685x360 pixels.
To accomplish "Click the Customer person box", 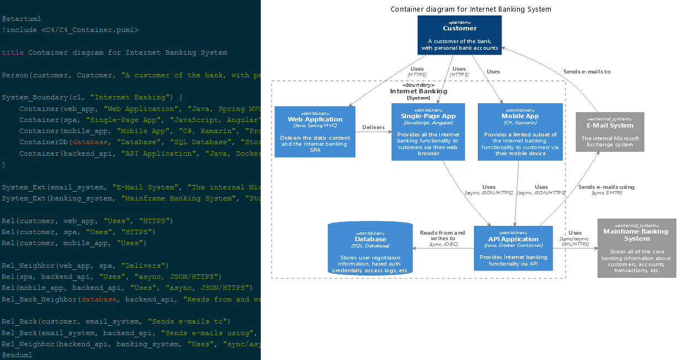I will click(x=459, y=35).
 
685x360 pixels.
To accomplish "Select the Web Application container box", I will click(x=315, y=131).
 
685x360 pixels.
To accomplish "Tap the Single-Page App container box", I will click(x=428, y=131).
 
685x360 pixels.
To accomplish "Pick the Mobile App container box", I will click(x=520, y=131).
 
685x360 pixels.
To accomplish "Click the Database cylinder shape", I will click(x=370, y=248).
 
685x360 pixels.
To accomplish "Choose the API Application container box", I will click(x=513, y=248).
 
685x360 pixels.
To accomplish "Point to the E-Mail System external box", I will click(x=609, y=132).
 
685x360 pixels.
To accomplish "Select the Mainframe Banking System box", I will click(x=636, y=247).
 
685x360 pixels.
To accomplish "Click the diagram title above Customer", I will click(x=471, y=9).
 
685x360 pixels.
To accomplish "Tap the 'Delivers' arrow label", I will click(x=373, y=128).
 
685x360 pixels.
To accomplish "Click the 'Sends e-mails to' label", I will click(x=587, y=72).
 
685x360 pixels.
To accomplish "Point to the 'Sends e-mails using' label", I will click(x=606, y=187).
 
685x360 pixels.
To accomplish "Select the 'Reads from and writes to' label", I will click(x=442, y=235).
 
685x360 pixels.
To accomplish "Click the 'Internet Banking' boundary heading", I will click(x=418, y=91).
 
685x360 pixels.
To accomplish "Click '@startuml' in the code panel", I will click(x=22, y=19).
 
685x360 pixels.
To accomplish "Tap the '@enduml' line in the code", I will click(x=17, y=355).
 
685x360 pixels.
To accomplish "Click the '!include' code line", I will click(x=70, y=30).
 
